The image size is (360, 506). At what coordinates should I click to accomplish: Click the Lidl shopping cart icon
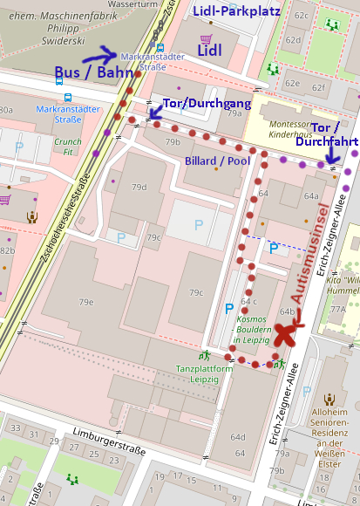click(207, 38)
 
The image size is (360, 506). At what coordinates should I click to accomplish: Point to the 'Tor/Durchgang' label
click(207, 104)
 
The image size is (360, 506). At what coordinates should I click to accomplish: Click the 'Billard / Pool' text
click(217, 161)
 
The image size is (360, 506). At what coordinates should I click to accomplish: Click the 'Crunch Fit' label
click(67, 146)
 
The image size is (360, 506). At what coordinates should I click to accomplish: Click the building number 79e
click(85, 302)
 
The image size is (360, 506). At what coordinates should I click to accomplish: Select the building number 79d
click(139, 187)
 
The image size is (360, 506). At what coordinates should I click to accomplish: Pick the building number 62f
click(318, 87)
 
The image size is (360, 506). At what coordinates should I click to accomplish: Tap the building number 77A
click(338, 308)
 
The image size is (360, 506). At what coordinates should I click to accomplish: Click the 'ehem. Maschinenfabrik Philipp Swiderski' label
click(50, 26)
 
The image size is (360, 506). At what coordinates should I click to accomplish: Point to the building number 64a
click(311, 196)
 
